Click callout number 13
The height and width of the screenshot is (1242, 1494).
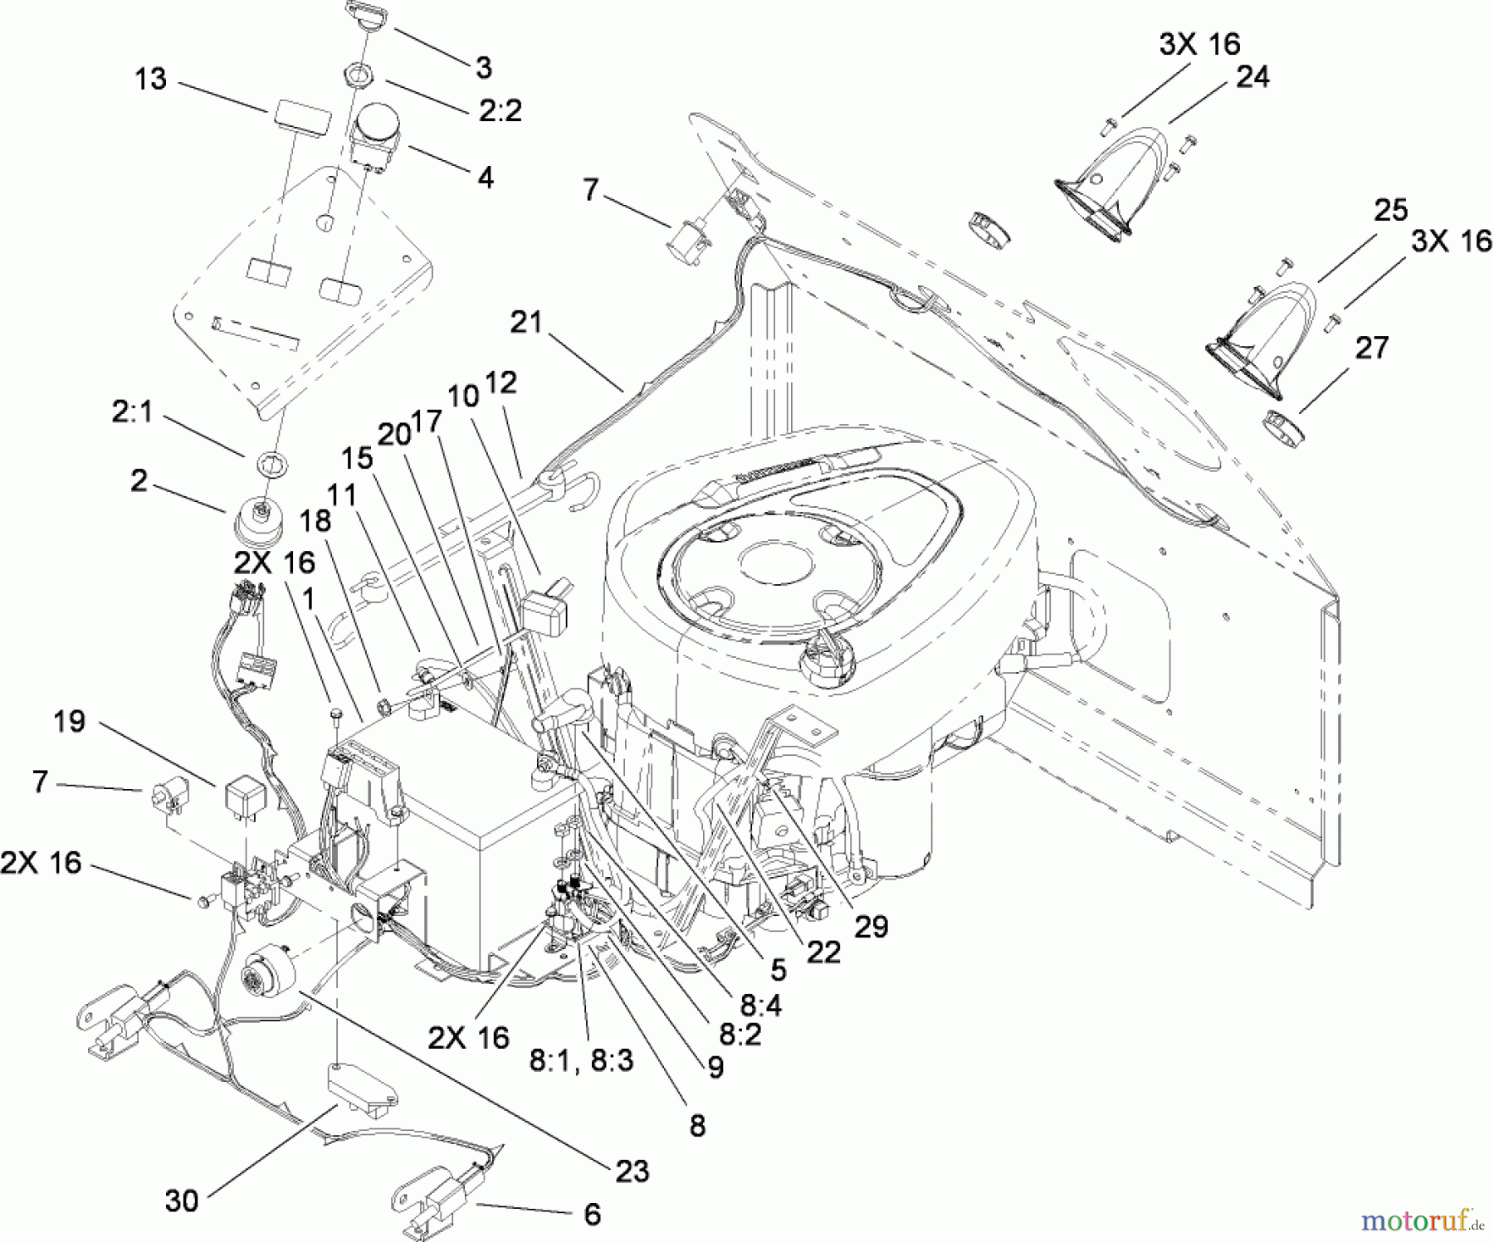point(150,80)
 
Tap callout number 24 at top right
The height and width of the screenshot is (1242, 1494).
point(1252,77)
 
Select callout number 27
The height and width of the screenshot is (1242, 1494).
point(1370,347)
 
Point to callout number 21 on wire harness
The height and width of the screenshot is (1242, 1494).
point(525,322)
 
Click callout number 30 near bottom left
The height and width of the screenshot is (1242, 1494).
point(182,1201)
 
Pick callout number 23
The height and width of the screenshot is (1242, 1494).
point(632,1171)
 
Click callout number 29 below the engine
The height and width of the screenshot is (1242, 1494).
point(871,927)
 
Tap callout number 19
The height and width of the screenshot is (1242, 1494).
point(69,721)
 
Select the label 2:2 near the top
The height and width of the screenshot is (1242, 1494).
point(500,110)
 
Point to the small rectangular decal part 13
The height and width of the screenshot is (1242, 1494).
point(299,117)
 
